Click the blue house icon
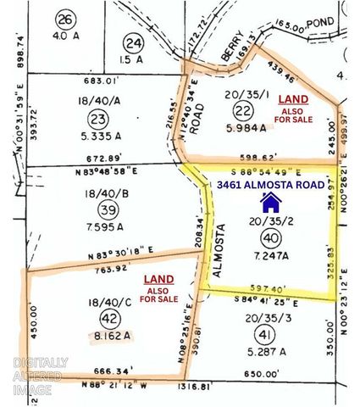click(271, 202)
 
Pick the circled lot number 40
click(271, 237)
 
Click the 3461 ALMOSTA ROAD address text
click(272, 183)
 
